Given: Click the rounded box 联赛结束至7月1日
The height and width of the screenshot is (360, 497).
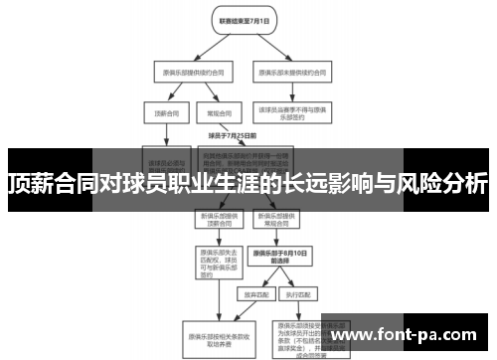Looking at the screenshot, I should click(x=240, y=20).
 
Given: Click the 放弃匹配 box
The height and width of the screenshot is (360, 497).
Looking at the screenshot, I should click(x=252, y=294).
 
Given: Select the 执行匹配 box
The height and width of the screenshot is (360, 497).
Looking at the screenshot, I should click(x=296, y=294).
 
